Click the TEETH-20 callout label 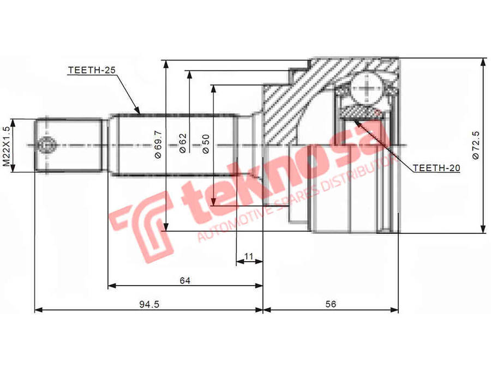click(436, 168)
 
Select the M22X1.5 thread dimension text click(7, 146)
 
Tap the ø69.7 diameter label click(158, 144)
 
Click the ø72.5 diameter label click(475, 145)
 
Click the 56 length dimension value click(330, 305)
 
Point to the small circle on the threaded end click(46, 146)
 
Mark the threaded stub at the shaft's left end click(68, 145)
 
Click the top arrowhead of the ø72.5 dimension click(483, 63)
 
